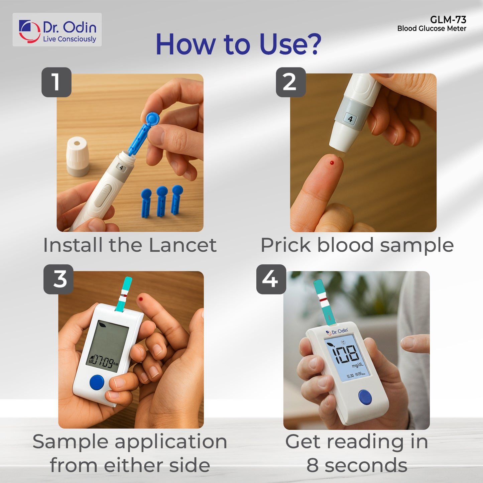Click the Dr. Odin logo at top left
(x=57, y=30)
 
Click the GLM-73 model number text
(x=448, y=20)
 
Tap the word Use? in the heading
(x=290, y=44)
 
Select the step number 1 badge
(x=56, y=82)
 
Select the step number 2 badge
(x=290, y=82)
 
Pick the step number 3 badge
(x=58, y=279)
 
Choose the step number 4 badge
(x=271, y=279)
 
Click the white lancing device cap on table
(x=78, y=156)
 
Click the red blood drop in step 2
(x=332, y=163)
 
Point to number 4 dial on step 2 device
(x=350, y=119)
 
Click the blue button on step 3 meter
(x=97, y=382)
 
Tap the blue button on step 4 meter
(x=365, y=397)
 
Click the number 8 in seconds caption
(x=313, y=465)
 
